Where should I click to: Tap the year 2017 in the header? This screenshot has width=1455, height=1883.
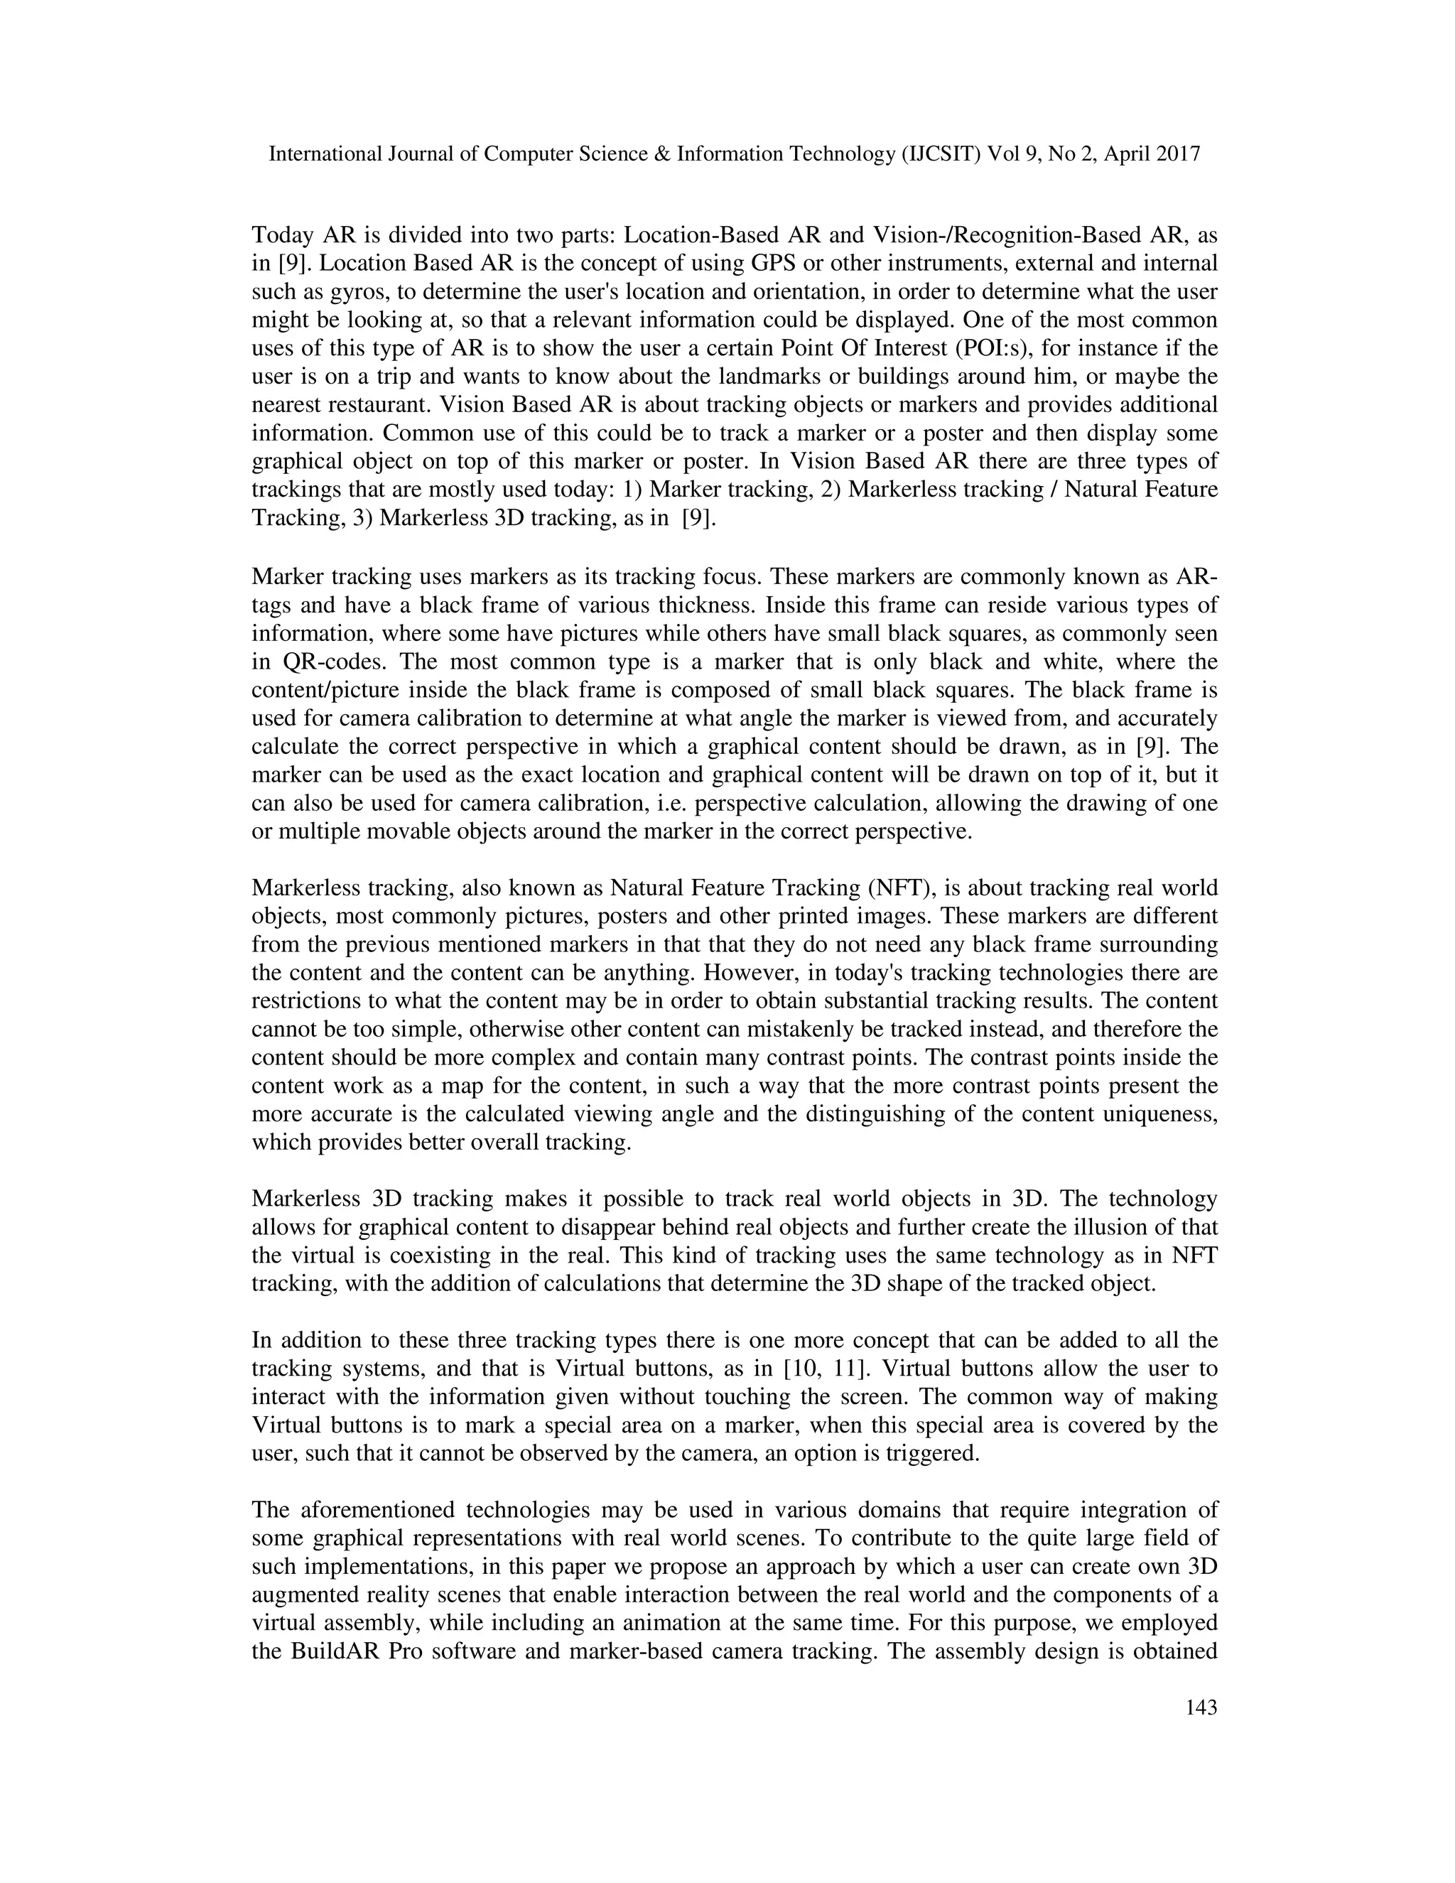click(1175, 154)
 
